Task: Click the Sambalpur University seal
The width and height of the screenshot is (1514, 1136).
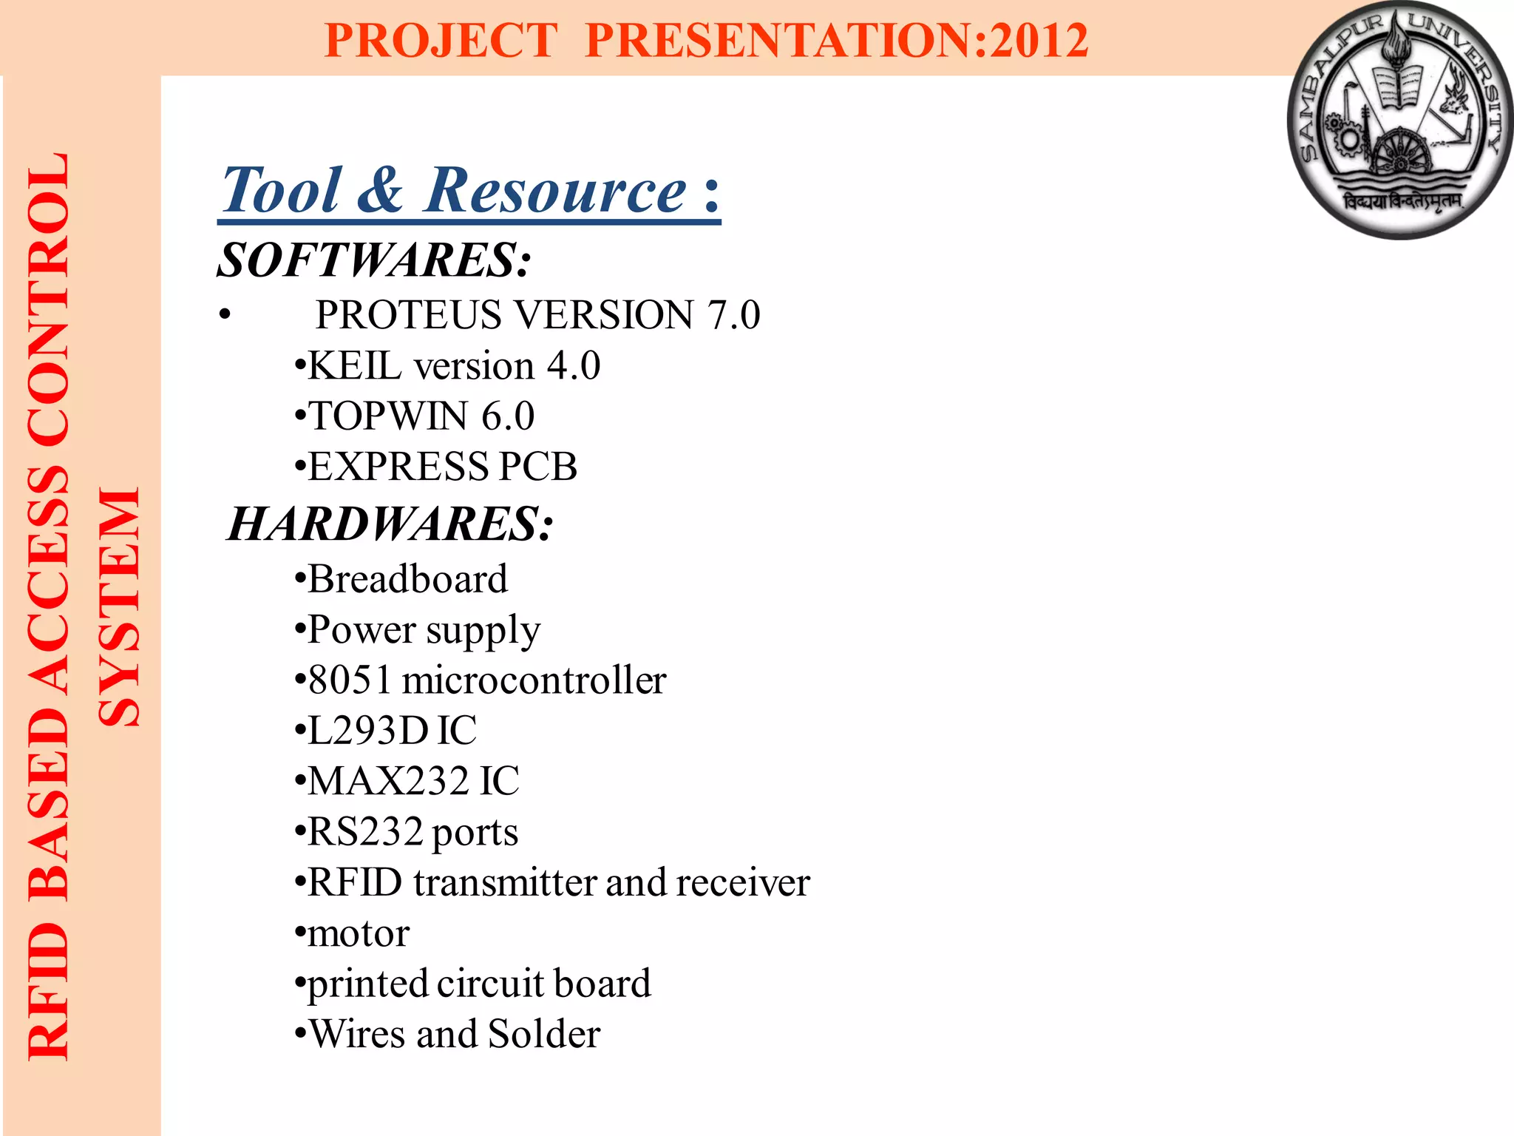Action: pyautogui.click(x=1399, y=121)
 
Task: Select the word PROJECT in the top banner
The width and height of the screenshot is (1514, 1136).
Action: pyautogui.click(x=441, y=40)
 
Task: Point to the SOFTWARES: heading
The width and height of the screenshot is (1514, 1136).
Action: pyautogui.click(x=374, y=260)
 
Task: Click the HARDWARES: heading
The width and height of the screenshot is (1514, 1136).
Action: pyautogui.click(x=390, y=524)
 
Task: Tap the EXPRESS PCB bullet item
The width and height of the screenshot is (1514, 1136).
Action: pyautogui.click(x=442, y=467)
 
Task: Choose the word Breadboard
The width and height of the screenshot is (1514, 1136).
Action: pyautogui.click(x=408, y=579)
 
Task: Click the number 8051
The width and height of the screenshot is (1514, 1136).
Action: pyautogui.click(x=350, y=680)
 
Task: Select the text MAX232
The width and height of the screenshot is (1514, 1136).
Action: pyautogui.click(x=388, y=781)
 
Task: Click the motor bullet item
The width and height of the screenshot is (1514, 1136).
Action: pyautogui.click(x=359, y=933)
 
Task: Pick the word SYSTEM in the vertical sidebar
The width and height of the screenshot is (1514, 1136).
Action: pyautogui.click(x=119, y=606)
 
